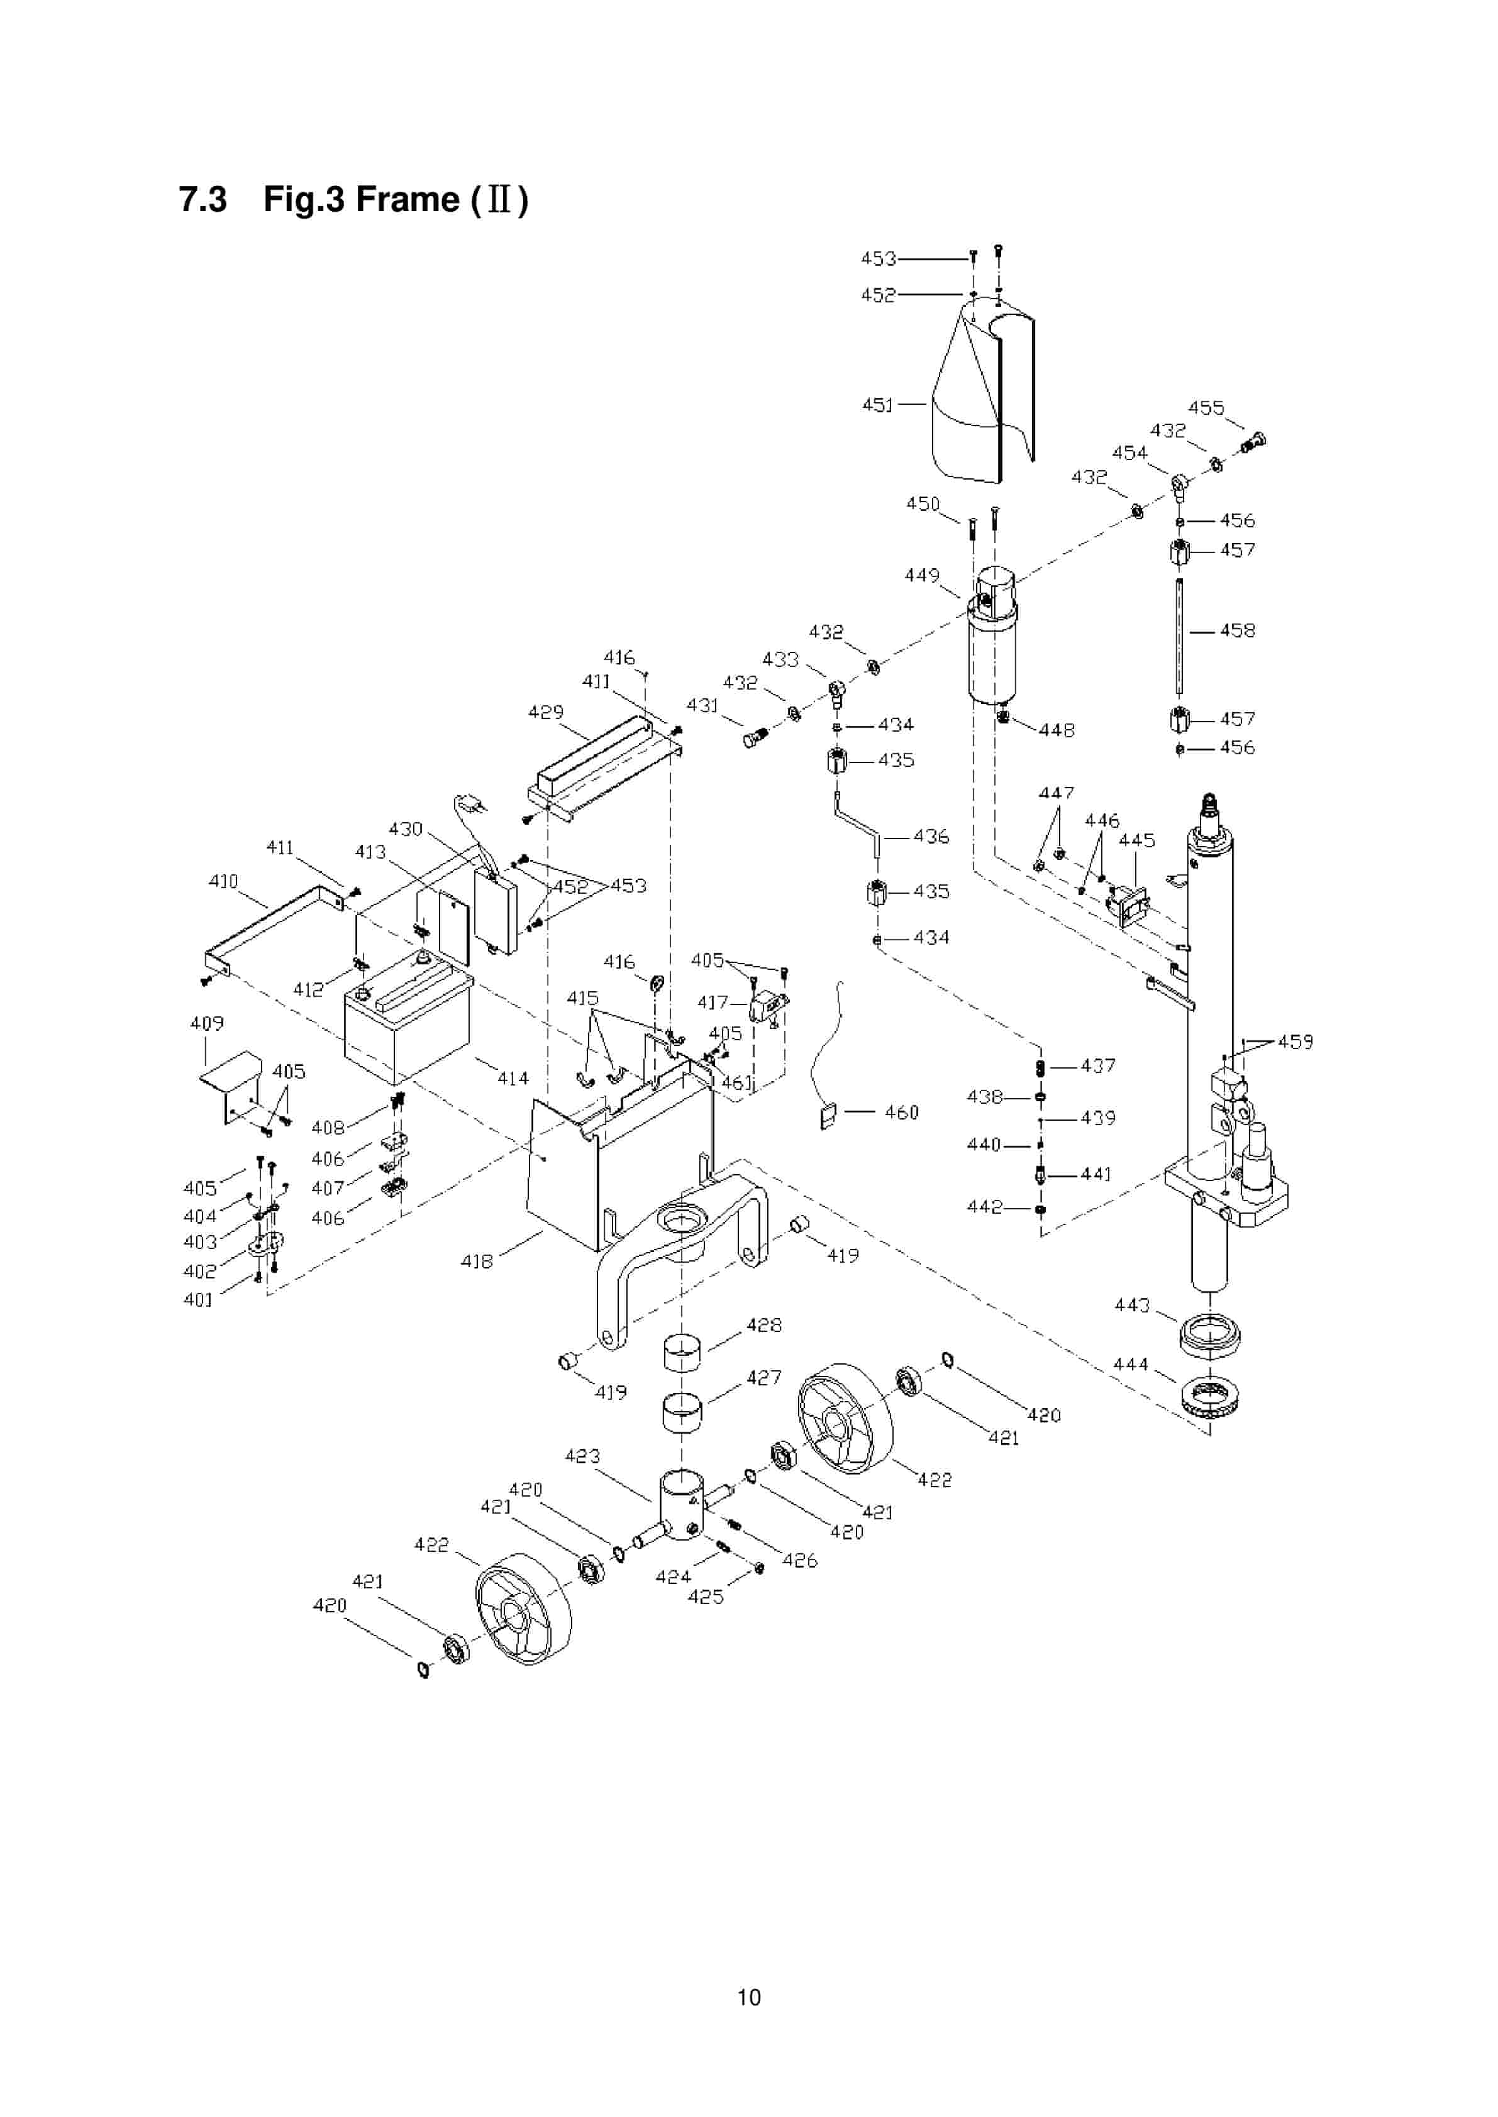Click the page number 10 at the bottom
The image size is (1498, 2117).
[748, 1997]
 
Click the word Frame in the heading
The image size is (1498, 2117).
[407, 199]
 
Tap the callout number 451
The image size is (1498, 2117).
[877, 405]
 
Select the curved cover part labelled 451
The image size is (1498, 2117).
[978, 405]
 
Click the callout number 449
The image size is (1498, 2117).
[921, 575]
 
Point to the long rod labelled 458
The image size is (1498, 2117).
[1179, 636]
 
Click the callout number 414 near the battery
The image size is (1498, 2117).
[513, 1078]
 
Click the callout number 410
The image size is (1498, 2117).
[223, 881]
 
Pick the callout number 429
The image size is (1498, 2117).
[545, 712]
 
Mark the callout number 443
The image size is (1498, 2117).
[1132, 1305]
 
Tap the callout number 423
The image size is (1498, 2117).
[582, 1456]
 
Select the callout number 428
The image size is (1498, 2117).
[763, 1325]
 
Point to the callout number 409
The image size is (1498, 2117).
[207, 1023]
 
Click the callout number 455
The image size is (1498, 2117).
[1206, 407]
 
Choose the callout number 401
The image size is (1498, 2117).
[198, 1300]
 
